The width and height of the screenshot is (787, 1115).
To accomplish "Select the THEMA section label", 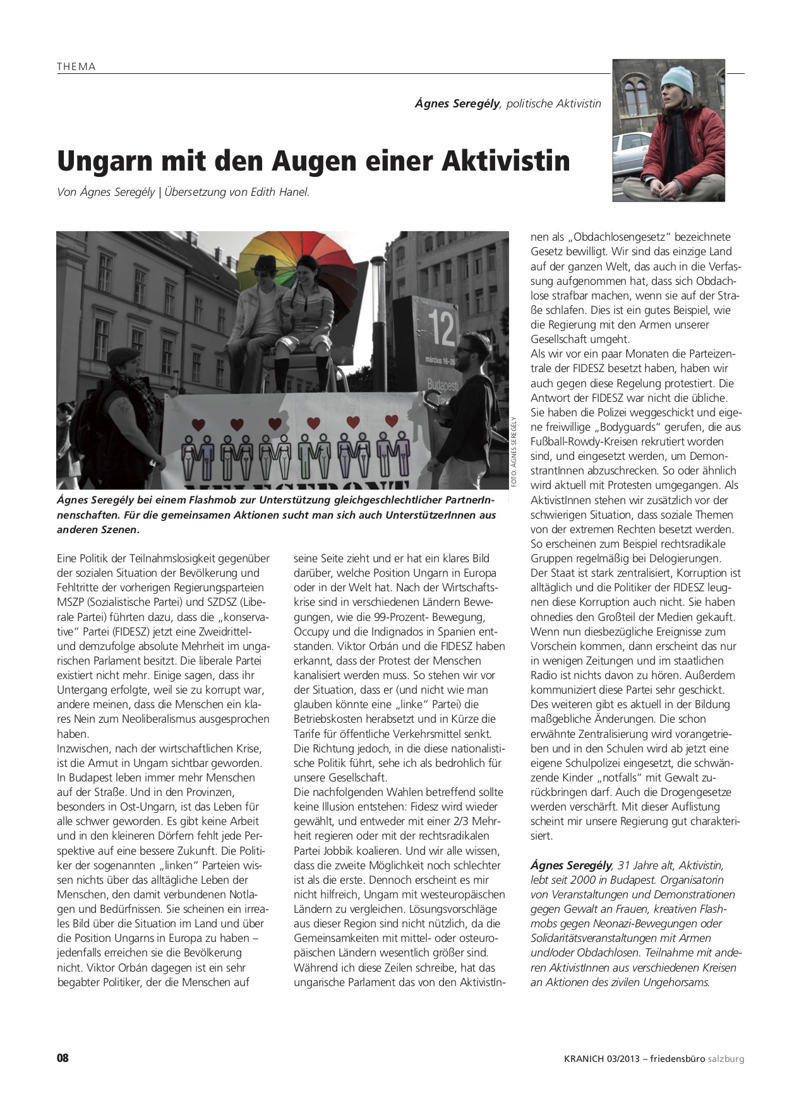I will coord(76,66).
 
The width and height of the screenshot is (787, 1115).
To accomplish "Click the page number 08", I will coord(63,1058).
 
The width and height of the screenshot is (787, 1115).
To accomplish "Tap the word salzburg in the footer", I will coord(726,1059).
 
